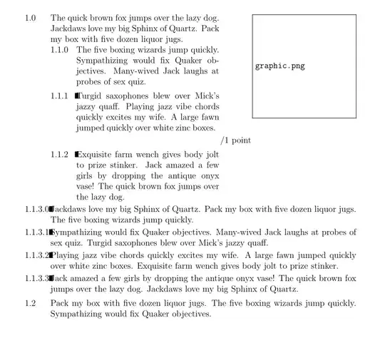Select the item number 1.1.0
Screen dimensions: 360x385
click(x=60, y=50)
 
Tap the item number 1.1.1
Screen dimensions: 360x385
click(x=60, y=96)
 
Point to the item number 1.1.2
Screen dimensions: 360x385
click(x=60, y=154)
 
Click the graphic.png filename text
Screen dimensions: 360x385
click(x=279, y=66)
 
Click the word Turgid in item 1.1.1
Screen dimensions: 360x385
click(x=92, y=96)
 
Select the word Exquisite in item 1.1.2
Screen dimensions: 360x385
click(x=97, y=154)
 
